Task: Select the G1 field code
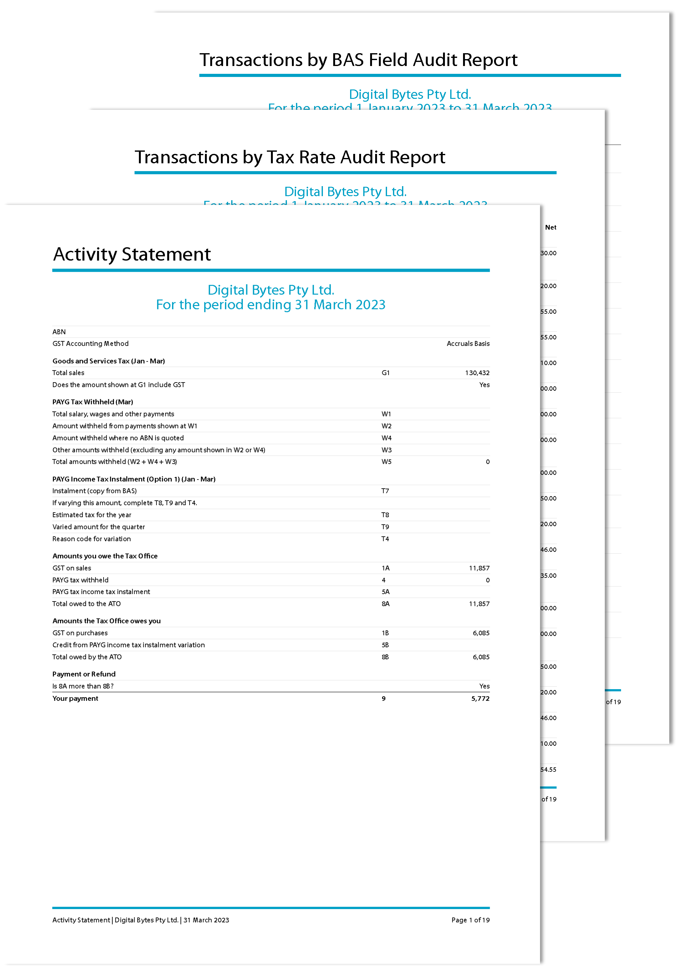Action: (x=385, y=373)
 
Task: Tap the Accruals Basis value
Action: (x=468, y=344)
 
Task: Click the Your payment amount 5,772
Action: (x=480, y=699)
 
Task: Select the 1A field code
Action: (x=385, y=568)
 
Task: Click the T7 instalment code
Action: (x=385, y=491)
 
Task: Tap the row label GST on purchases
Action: (x=80, y=633)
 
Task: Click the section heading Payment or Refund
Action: (x=84, y=674)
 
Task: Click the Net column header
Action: (x=550, y=228)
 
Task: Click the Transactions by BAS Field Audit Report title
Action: (x=358, y=60)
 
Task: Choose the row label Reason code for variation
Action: (x=91, y=539)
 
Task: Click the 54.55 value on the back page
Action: (x=548, y=770)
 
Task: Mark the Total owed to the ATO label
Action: (x=86, y=604)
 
